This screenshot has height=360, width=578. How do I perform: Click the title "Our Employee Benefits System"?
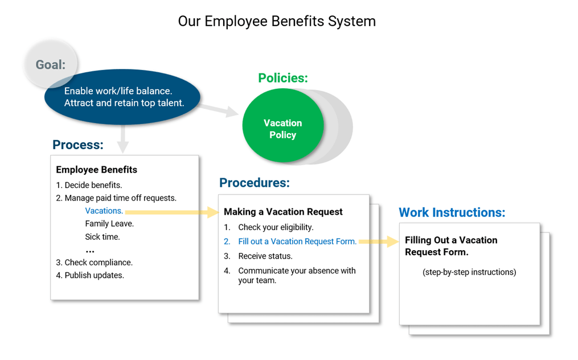point(277,22)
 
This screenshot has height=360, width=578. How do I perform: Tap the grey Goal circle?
point(51,64)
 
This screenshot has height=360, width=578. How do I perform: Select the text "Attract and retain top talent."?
point(124,103)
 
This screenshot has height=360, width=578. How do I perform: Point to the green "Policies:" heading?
point(282,78)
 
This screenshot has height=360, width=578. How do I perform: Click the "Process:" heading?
point(78,145)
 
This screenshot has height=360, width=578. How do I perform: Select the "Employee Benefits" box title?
point(96,170)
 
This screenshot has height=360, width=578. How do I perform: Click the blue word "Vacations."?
point(104,211)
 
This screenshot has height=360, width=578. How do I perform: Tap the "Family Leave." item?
point(109,224)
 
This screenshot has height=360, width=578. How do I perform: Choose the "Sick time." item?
point(103,237)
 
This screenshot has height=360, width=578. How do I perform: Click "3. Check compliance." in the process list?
point(94,263)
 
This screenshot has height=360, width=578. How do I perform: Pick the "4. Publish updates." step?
point(90,275)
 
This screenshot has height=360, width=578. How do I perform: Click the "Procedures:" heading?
point(255,183)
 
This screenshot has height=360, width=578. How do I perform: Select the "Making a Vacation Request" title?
point(283,212)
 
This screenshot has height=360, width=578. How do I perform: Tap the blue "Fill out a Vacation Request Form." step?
point(297,242)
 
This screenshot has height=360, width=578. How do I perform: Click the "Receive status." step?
point(265,256)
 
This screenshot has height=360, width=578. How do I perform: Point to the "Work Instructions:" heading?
point(452,212)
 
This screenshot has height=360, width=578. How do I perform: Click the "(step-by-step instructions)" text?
point(469,272)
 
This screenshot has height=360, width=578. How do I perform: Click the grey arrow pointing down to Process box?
point(122,140)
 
